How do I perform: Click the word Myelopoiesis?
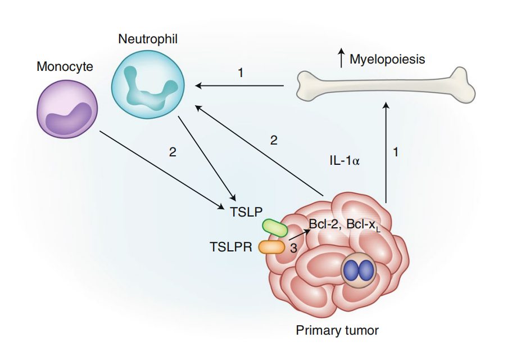[x=387, y=59]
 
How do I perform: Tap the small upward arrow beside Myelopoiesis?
[x=341, y=58]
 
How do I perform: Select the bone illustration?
[x=386, y=85]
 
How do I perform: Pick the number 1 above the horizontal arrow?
[x=241, y=73]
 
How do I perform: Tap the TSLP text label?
[x=246, y=212]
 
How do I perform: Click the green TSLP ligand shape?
[x=275, y=228]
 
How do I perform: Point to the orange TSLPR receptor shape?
[x=272, y=246]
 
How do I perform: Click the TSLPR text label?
[x=230, y=247]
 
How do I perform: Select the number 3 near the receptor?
[x=293, y=247]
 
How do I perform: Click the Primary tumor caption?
[x=337, y=330]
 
